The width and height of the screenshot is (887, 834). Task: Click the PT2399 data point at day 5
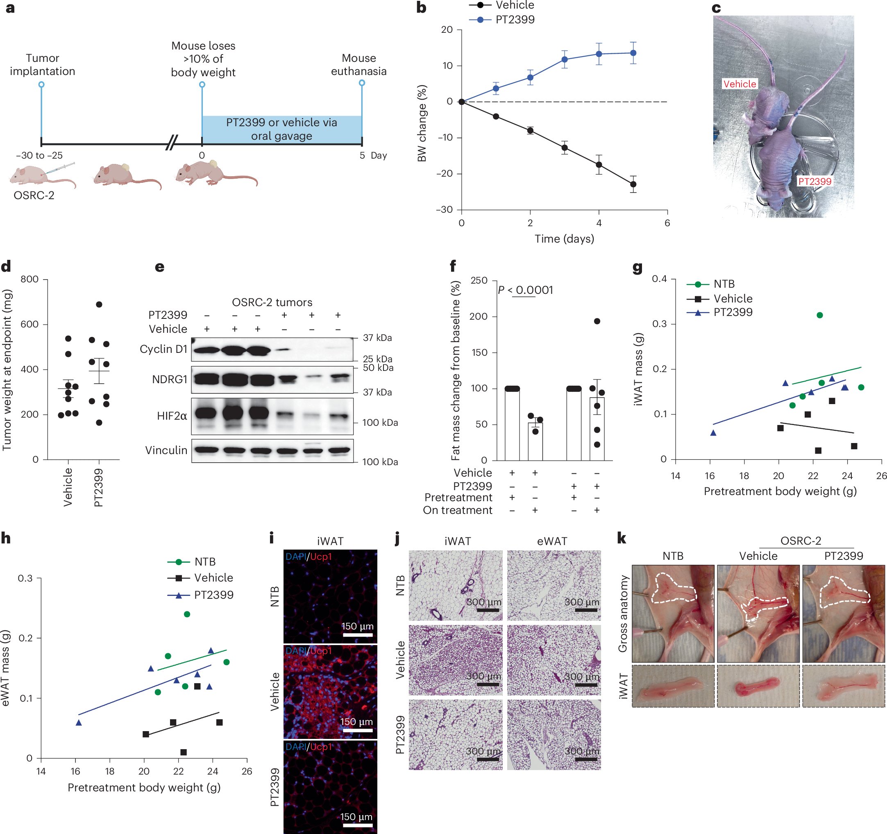pos(633,53)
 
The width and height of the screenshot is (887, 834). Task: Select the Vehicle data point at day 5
pos(633,184)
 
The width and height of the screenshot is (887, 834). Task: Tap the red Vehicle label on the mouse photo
pos(740,84)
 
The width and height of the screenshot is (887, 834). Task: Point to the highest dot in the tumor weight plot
pos(99,305)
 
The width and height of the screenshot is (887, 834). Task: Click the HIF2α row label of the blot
pos(172,416)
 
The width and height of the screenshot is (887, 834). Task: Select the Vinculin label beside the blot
pos(166,450)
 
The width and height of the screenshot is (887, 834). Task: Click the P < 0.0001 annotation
pos(525,290)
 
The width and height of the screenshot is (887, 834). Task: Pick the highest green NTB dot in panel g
pos(820,315)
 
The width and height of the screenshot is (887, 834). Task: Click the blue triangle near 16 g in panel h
pos(79,723)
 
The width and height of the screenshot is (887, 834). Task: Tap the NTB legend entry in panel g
pos(723,284)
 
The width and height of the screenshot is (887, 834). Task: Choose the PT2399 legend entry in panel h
pos(213,594)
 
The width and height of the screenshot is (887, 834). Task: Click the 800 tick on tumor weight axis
pos(29,280)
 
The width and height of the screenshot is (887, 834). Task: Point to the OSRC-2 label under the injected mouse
pos(34,195)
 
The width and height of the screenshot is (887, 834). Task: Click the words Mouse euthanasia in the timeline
pos(359,65)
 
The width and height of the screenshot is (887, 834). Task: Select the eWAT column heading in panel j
pos(552,541)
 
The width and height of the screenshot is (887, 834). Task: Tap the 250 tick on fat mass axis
pos(479,280)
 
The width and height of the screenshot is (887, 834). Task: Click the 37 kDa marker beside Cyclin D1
pos(377,338)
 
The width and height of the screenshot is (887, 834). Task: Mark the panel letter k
pos(622,539)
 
